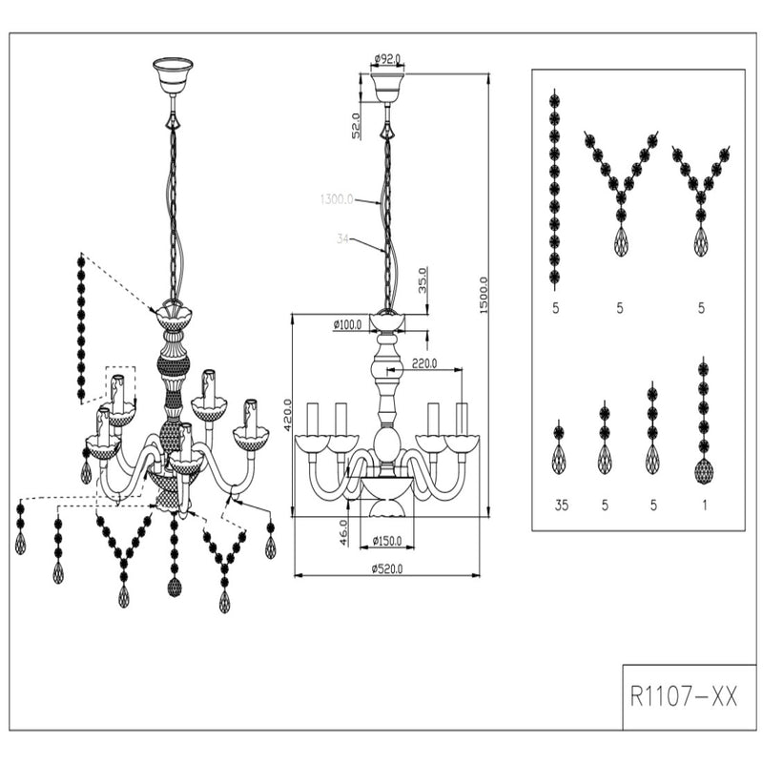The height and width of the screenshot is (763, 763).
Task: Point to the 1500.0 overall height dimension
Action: point(485,296)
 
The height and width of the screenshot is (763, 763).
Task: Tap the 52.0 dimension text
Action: point(356,126)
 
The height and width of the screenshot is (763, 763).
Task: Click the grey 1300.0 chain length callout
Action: point(336,200)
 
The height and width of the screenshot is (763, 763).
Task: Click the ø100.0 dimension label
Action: point(347,325)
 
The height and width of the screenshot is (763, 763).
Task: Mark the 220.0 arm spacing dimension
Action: point(424,363)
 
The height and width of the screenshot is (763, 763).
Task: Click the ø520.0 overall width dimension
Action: point(387,569)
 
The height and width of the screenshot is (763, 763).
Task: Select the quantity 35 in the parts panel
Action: point(561,505)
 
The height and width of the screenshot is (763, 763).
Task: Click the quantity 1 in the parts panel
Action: point(704,505)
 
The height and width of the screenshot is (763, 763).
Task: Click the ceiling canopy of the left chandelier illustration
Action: point(173,73)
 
